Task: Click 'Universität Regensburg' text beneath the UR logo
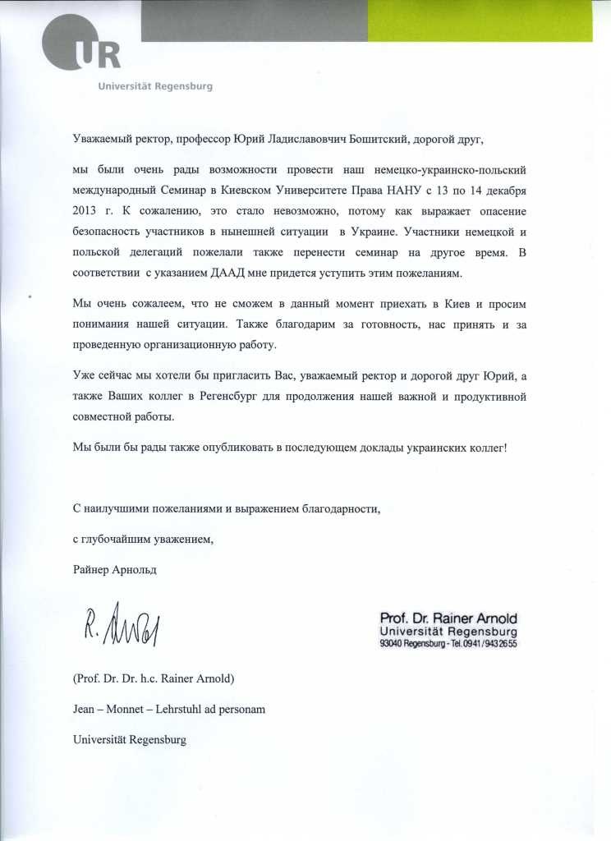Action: coord(154,86)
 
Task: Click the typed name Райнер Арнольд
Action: coord(113,568)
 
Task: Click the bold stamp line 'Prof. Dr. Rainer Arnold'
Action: coord(448,618)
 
